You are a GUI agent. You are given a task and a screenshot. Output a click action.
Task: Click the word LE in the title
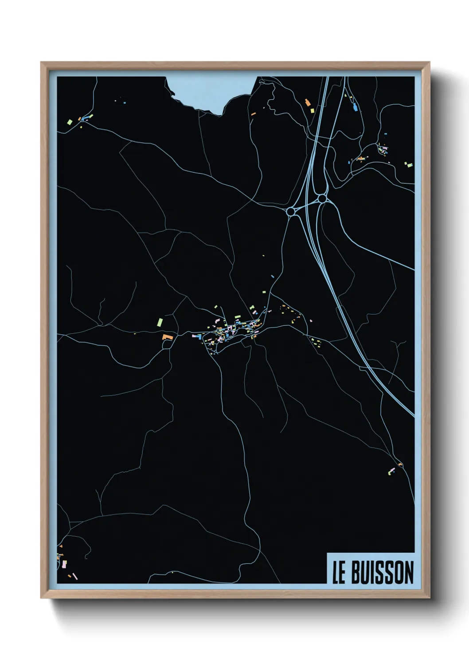pyautogui.click(x=339, y=573)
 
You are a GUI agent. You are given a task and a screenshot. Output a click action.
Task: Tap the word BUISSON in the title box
pyautogui.click(x=382, y=573)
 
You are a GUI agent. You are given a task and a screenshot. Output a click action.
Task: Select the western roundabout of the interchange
pyautogui.click(x=291, y=211)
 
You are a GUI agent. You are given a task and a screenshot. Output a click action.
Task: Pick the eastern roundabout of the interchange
pyautogui.click(x=322, y=199)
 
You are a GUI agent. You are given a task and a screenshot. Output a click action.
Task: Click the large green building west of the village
pyautogui.click(x=160, y=321)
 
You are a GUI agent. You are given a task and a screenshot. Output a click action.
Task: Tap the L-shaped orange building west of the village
pyautogui.click(x=167, y=337)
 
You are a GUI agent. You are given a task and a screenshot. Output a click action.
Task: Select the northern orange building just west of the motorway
pyautogui.click(x=307, y=103)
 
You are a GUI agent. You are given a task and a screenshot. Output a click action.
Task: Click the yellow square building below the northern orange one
pyautogui.click(x=312, y=111)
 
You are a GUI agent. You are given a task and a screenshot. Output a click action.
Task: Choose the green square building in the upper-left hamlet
pyautogui.click(x=69, y=121)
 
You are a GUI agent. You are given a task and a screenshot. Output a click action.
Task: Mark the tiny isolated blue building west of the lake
pyautogui.click(x=125, y=102)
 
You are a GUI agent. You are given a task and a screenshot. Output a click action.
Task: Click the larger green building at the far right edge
pyautogui.click(x=410, y=165)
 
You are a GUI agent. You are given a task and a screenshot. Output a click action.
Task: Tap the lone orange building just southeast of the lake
pyautogui.click(x=254, y=114)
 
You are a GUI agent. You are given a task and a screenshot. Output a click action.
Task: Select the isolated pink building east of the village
pyautogui.click(x=311, y=320)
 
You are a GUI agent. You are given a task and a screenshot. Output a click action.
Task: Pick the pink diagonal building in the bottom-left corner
pyautogui.click(x=75, y=576)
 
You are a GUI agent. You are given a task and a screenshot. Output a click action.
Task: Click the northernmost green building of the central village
pyautogui.click(x=216, y=306)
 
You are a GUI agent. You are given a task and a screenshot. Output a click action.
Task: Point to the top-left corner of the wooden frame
pyautogui.click(x=42, y=63)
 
